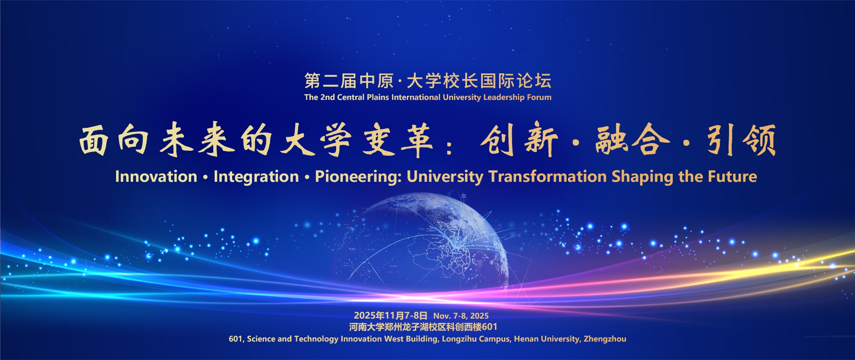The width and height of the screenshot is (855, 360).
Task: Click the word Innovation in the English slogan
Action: click(x=156, y=176)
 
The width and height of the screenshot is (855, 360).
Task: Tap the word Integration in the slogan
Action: click(x=256, y=177)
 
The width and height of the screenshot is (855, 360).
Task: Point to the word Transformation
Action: click(x=548, y=176)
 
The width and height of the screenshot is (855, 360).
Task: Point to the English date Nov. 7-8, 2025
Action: click(x=461, y=316)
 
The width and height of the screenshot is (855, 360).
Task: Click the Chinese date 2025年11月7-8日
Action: click(x=391, y=315)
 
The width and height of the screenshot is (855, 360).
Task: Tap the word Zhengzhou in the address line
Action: click(x=605, y=339)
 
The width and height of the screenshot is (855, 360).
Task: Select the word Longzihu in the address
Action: click(x=459, y=339)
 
